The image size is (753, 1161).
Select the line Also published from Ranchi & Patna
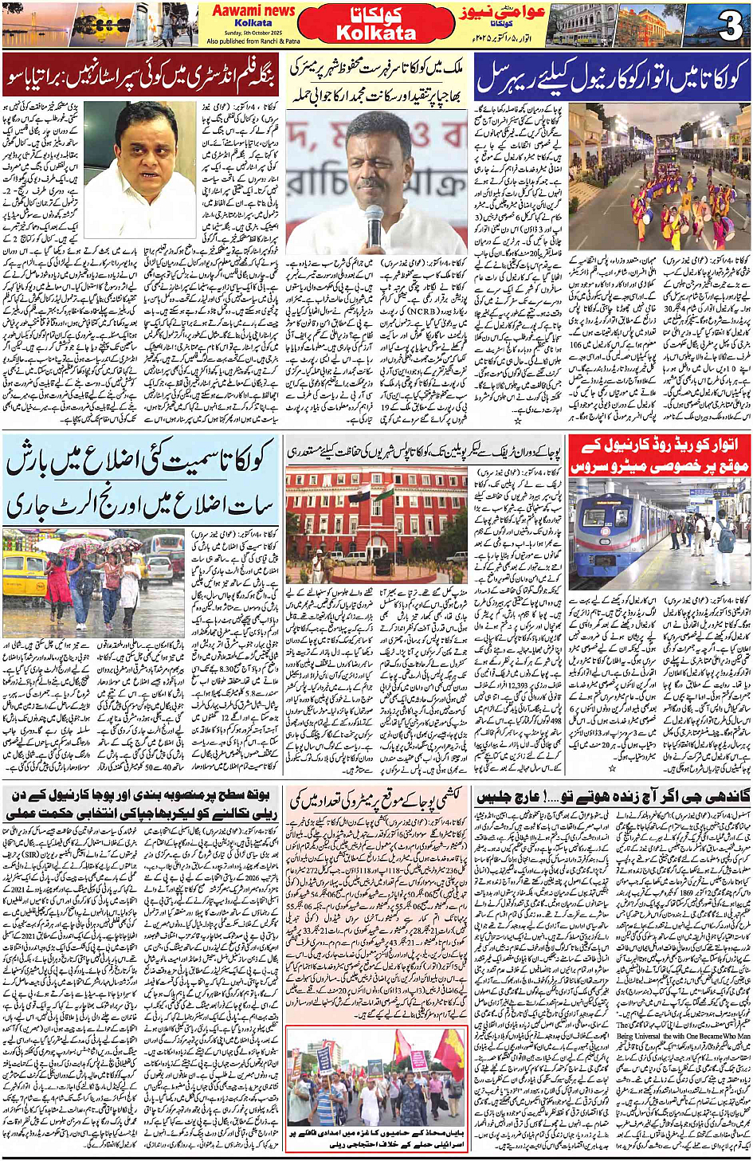[253, 41]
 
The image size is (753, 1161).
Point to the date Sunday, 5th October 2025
[253, 33]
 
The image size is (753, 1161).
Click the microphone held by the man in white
[373, 228]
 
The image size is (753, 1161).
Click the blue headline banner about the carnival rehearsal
[612, 76]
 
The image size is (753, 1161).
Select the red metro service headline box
[659, 457]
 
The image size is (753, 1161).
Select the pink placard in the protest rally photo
[418, 1059]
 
